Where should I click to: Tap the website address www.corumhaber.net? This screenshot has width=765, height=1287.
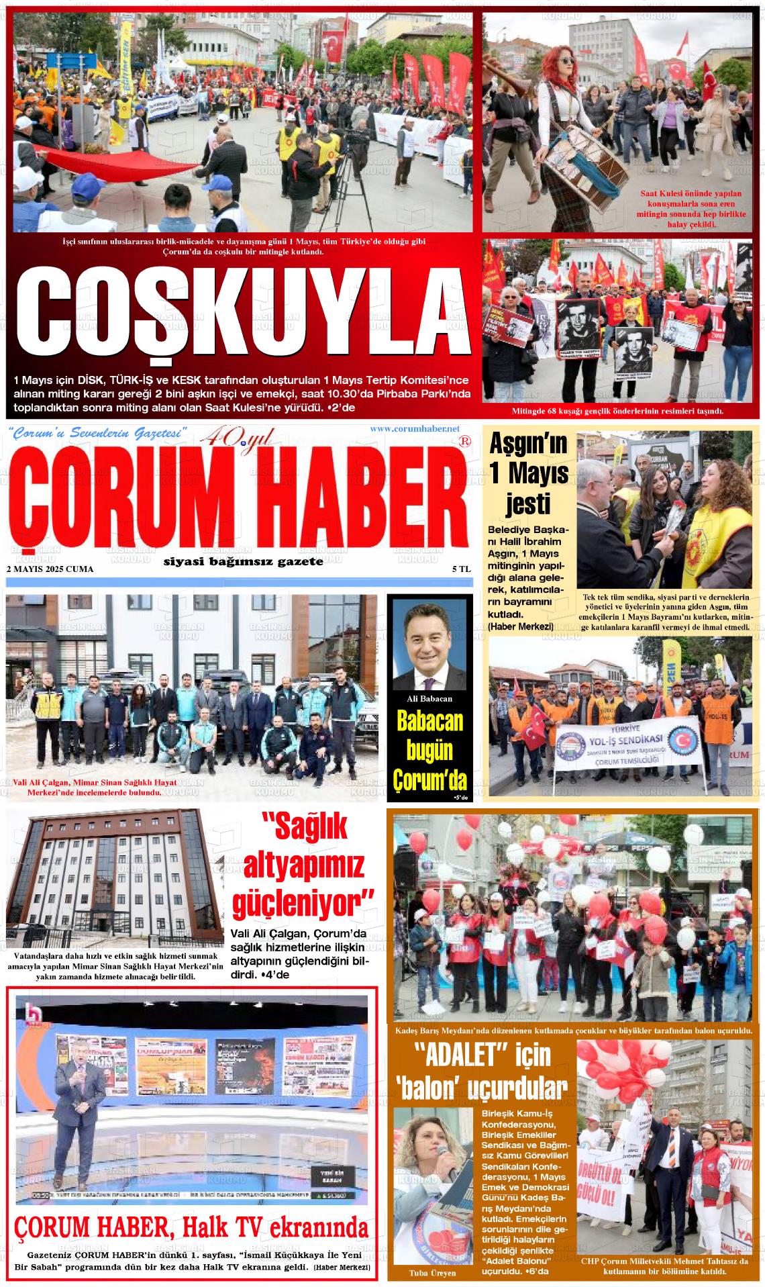coord(414,429)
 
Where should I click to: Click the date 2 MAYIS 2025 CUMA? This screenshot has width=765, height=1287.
coord(50,569)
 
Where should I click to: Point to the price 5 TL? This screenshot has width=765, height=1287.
coord(462,569)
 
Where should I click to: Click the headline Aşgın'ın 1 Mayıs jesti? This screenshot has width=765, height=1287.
coord(529,473)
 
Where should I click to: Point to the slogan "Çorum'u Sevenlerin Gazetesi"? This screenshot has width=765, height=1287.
coord(97,434)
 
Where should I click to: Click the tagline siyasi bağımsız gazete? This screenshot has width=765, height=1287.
coord(243,561)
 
